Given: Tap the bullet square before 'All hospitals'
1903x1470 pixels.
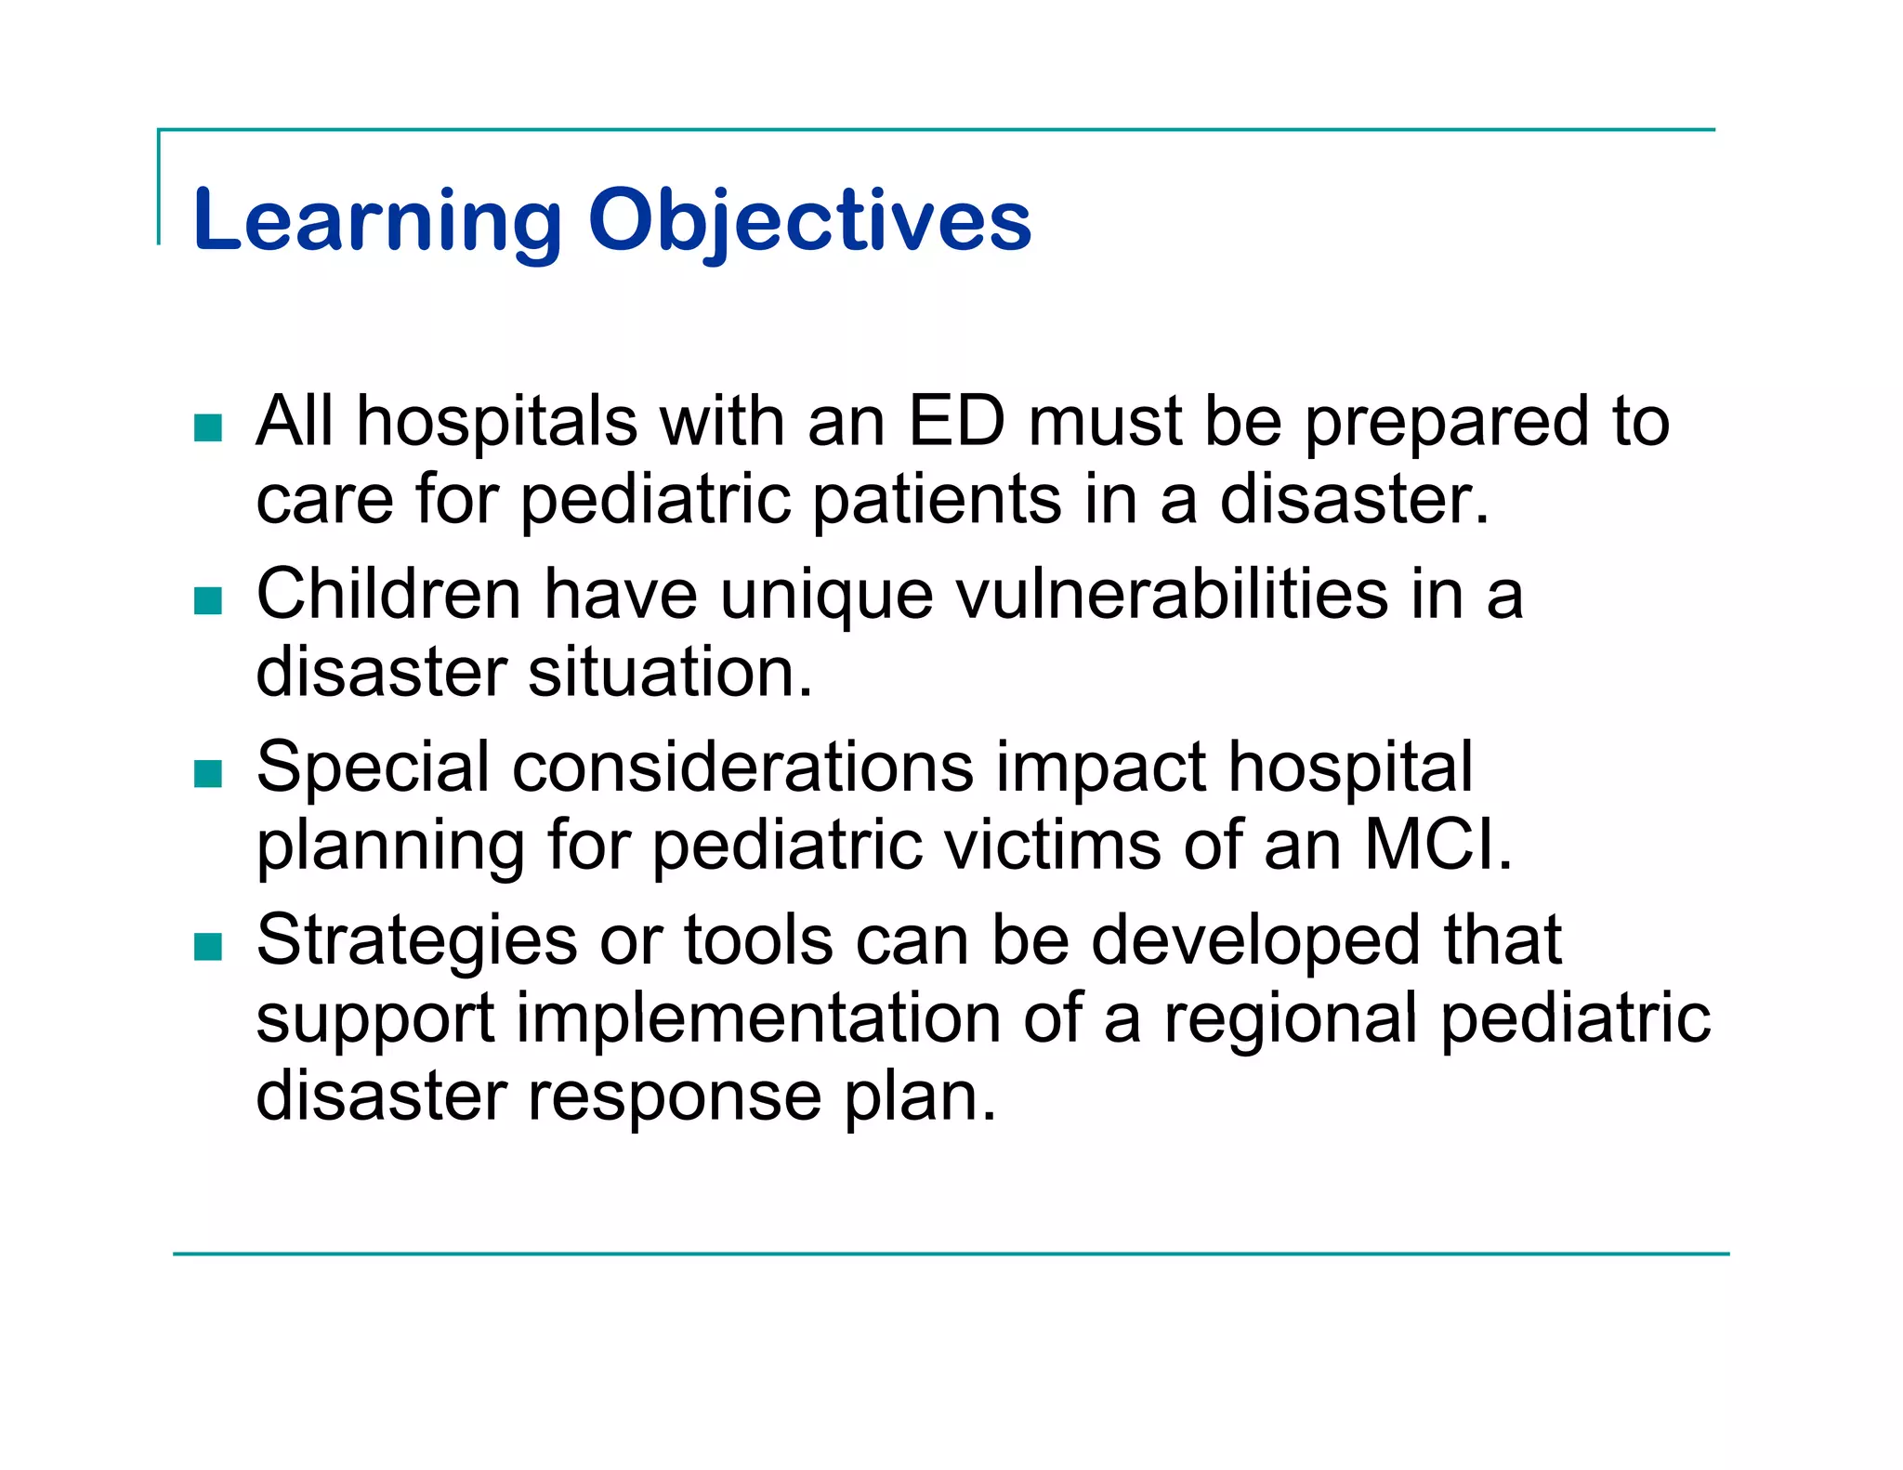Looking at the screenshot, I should (208, 427).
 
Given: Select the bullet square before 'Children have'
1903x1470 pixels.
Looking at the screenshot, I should (208, 600).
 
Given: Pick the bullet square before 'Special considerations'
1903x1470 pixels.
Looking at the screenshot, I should (208, 773).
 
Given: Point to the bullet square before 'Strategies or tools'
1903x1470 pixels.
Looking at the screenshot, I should (208, 946).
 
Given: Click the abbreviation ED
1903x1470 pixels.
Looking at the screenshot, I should (956, 422).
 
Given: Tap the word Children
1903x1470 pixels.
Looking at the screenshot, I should (388, 595).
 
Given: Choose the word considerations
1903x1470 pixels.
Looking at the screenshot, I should (742, 768).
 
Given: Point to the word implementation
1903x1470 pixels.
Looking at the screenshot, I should (758, 1018).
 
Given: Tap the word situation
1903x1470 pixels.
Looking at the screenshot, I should (669, 672).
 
